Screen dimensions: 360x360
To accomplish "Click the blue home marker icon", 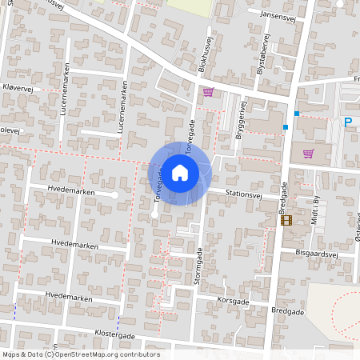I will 180,172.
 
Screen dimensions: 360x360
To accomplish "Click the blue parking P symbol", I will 348,122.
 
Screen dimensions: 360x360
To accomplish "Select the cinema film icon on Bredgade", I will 286,220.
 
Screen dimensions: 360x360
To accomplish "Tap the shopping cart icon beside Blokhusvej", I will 208,92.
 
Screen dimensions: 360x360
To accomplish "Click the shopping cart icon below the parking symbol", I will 308,153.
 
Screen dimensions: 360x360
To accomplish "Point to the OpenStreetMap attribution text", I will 81,354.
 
